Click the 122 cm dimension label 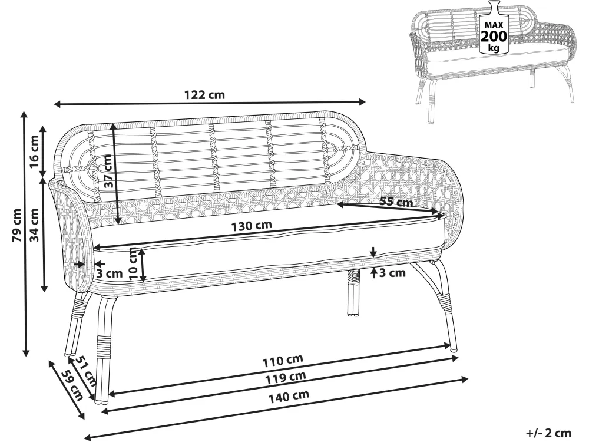[204, 94]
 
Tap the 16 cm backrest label [34, 152]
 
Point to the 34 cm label [34, 225]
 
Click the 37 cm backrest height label [108, 171]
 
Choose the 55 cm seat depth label [396, 202]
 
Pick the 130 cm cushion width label [252, 226]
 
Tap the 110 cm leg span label [283, 361]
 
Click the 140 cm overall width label [289, 396]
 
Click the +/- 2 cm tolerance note [548, 433]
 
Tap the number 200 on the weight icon [494, 37]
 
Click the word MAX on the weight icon [494, 25]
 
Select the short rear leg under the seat [352, 292]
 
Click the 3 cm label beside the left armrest [110, 273]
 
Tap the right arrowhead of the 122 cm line [362, 101]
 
